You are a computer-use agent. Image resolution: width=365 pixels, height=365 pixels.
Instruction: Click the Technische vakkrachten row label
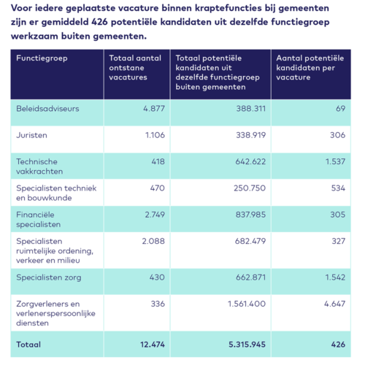41,166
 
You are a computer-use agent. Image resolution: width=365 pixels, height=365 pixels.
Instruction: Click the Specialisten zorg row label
48,277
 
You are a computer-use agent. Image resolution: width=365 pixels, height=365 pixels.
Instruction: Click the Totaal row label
28,344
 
